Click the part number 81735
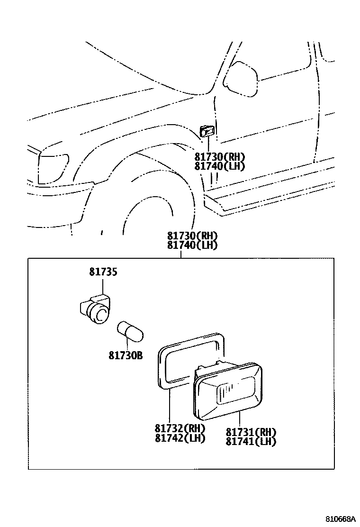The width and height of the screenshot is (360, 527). (x=103, y=273)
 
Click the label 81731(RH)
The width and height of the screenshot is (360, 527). (x=251, y=432)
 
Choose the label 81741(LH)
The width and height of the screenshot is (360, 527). (x=251, y=441)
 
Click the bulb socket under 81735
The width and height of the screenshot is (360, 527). (x=96, y=309)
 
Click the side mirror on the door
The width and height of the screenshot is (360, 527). (x=241, y=79)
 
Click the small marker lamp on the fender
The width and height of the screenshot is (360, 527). (x=207, y=130)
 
